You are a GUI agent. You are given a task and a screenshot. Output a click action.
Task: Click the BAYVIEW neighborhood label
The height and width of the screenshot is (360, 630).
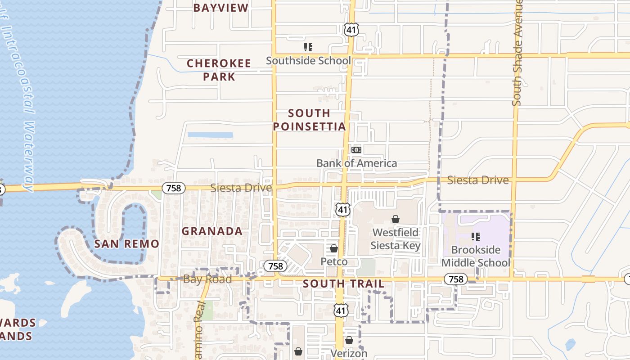click(220, 8)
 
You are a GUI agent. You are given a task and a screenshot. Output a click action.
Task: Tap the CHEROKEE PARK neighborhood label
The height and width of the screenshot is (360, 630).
click(219, 70)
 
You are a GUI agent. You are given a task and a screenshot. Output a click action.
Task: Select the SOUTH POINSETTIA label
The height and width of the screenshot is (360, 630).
click(310, 120)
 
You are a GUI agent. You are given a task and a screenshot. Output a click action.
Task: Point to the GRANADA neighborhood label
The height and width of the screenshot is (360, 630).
click(212, 231)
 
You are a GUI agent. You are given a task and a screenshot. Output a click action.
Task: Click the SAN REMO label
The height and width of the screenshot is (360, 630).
click(126, 244)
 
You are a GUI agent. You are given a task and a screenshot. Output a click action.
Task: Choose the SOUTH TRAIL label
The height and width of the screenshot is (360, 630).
click(343, 284)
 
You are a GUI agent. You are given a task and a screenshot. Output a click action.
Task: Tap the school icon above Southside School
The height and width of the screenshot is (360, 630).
click(308, 47)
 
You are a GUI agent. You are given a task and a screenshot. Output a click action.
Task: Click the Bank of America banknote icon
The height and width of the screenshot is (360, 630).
click(356, 149)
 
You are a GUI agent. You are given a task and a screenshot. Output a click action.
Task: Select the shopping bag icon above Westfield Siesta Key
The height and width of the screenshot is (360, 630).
click(395, 219)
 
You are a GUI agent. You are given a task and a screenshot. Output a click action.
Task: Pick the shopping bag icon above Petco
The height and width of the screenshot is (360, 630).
click(334, 248)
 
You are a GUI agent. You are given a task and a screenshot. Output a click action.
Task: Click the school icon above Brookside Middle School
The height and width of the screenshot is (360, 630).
click(475, 236)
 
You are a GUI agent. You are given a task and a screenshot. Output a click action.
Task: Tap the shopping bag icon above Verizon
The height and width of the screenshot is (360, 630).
click(349, 340)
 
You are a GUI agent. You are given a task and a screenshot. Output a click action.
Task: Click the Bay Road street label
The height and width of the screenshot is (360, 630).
click(207, 279)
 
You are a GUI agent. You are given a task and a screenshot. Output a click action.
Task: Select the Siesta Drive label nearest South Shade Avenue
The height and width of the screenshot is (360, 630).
click(477, 180)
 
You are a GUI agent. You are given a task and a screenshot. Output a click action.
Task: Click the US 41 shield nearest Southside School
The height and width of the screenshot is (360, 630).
click(351, 30)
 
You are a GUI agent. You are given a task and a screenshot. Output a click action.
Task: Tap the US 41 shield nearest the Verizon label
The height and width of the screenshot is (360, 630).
click(341, 310)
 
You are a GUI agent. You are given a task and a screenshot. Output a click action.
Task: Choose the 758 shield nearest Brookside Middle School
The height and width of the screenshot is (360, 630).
click(455, 279)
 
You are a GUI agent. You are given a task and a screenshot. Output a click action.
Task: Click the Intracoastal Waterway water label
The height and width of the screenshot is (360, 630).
click(20, 103)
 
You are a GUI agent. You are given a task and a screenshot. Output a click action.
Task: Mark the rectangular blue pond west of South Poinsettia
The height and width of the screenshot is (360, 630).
click(210, 135)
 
